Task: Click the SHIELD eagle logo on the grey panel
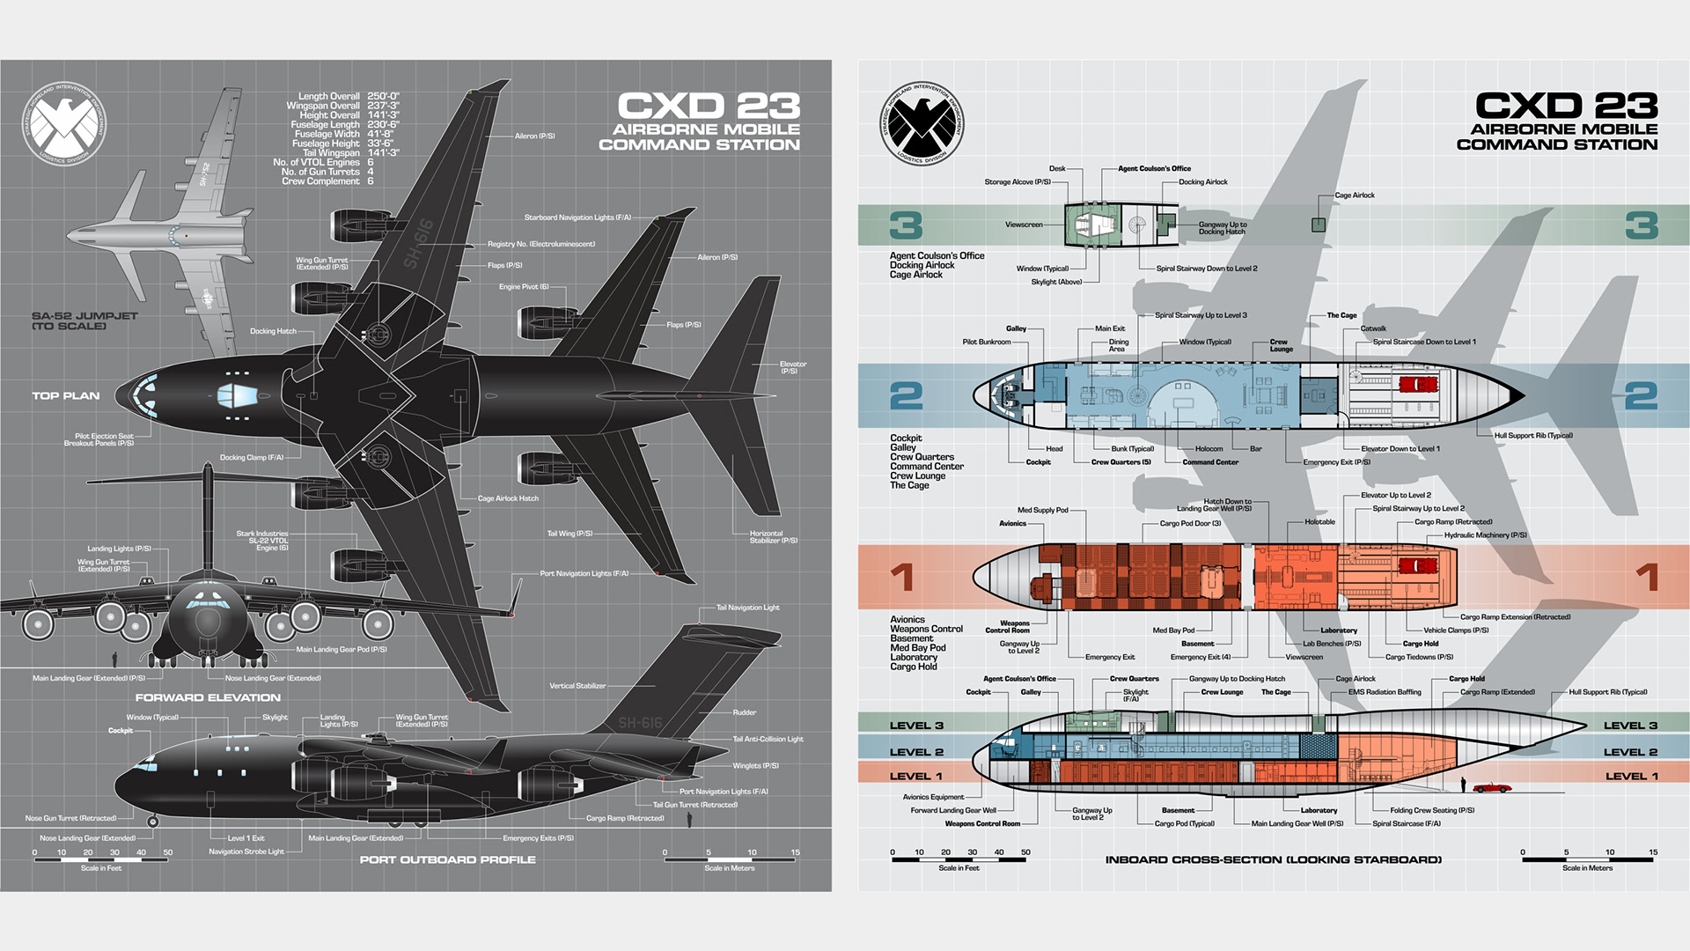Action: pyautogui.click(x=63, y=124)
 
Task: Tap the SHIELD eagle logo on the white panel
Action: pyautogui.click(x=922, y=124)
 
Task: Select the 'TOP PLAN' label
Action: pyautogui.click(x=66, y=396)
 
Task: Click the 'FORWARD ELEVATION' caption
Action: pyautogui.click(x=208, y=697)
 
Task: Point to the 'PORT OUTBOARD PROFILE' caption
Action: pyautogui.click(x=447, y=859)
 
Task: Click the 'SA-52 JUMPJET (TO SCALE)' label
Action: pyautogui.click(x=84, y=321)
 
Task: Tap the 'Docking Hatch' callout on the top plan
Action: pyautogui.click(x=273, y=331)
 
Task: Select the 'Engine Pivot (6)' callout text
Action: pyautogui.click(x=524, y=287)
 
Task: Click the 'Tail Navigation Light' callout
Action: pyautogui.click(x=747, y=608)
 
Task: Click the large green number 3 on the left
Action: pyautogui.click(x=906, y=225)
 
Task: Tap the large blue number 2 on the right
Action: pyautogui.click(x=1641, y=395)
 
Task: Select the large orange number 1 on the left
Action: pyautogui.click(x=902, y=578)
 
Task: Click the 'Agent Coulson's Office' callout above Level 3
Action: pyautogui.click(x=1154, y=168)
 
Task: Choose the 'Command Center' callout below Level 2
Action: pyautogui.click(x=1210, y=462)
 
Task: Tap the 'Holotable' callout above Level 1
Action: pyautogui.click(x=1319, y=522)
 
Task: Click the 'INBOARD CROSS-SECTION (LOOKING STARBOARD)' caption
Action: pyautogui.click(x=1273, y=859)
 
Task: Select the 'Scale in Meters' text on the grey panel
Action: pyautogui.click(x=730, y=868)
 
